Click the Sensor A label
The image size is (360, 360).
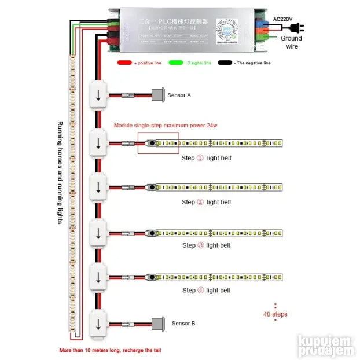179,95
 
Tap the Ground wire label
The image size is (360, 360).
291,42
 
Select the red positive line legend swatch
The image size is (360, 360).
124,63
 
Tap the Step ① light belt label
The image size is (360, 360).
206,157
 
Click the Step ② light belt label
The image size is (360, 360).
206,202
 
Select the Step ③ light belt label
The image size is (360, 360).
206,245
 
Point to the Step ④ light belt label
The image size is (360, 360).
206,290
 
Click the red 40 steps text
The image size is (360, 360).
275,314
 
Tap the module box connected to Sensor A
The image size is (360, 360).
98,95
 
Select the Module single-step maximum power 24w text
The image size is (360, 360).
165,125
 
